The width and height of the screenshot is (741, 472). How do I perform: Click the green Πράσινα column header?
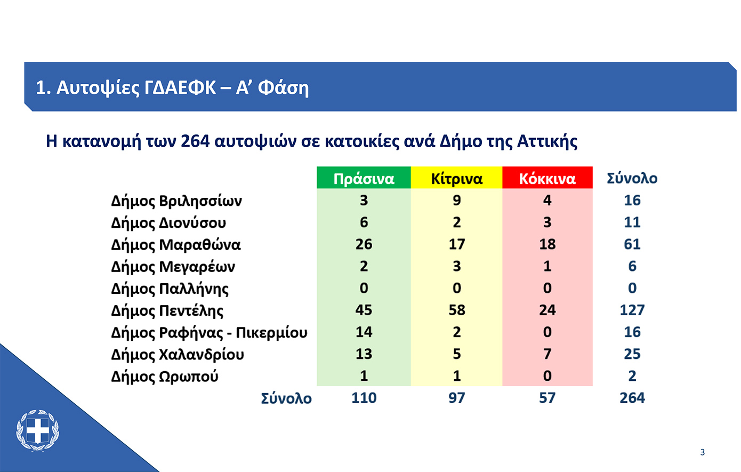[x=364, y=178]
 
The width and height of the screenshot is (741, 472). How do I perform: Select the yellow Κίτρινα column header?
[x=456, y=178]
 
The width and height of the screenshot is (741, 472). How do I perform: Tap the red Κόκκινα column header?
[x=547, y=178]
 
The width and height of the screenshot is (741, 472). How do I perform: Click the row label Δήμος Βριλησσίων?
[x=176, y=201]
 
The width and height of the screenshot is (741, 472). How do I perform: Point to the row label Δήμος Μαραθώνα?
[x=176, y=245]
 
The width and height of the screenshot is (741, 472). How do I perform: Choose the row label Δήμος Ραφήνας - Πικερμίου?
[x=209, y=332]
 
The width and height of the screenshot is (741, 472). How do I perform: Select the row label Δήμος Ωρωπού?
[x=164, y=377]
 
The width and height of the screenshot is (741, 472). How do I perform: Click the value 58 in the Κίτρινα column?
[x=457, y=310]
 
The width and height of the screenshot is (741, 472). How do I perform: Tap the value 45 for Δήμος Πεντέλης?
[x=364, y=310]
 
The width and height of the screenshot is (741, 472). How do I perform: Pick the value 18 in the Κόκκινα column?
[x=547, y=244]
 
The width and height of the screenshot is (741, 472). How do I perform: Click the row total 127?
[x=632, y=310]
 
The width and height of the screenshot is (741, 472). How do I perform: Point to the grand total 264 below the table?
[x=632, y=398]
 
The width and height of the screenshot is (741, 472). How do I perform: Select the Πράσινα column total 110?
[x=364, y=398]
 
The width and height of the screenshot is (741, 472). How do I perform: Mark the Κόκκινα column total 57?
[x=547, y=398]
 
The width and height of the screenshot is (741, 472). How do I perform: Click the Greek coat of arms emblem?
[x=38, y=430]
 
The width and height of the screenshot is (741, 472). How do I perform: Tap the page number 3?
[x=703, y=452]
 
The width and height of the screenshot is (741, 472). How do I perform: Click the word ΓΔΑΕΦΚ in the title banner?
[x=180, y=87]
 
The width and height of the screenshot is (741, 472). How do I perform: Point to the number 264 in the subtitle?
[x=195, y=141]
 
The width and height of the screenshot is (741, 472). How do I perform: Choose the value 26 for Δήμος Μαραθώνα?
[x=364, y=244]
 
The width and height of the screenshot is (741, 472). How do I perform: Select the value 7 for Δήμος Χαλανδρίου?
[x=547, y=354]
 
